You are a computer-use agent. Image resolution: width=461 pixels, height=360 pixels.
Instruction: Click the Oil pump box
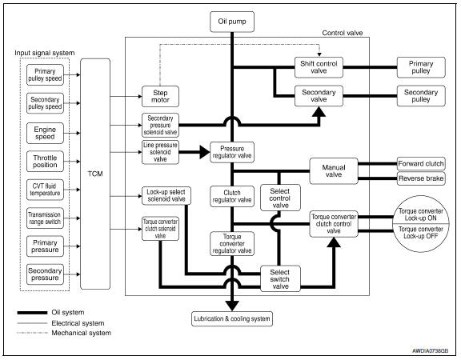pyautogui.click(x=232, y=22)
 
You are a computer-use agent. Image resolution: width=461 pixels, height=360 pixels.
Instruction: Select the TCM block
pyautogui.click(x=95, y=174)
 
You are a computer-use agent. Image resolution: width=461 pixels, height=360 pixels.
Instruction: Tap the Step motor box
pyautogui.click(x=160, y=96)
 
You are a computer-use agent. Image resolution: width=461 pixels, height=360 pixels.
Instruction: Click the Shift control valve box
pyautogui.click(x=319, y=67)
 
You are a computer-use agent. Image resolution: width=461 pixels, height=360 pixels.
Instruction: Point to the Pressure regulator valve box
pyautogui.click(x=232, y=152)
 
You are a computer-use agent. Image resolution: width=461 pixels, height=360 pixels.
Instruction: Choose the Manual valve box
pyautogui.click(x=334, y=171)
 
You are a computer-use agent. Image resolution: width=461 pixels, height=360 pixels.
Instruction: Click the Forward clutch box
pyautogui.click(x=421, y=164)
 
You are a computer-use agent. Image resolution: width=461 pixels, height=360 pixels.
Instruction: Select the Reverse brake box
pyautogui.click(x=421, y=178)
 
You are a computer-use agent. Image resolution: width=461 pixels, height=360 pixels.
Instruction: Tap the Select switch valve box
pyautogui.click(x=280, y=278)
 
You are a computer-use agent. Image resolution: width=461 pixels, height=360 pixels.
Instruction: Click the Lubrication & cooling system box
pyautogui.click(x=232, y=319)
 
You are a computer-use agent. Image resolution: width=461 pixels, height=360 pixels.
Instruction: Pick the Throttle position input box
pyautogui.click(x=45, y=162)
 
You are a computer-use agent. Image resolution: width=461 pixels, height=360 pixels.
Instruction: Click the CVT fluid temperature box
pyautogui.click(x=45, y=190)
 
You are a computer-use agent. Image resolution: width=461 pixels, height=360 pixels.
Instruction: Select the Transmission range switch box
pyautogui.click(x=45, y=218)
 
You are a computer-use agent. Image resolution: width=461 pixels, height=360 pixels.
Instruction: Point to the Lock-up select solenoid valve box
pyautogui.click(x=166, y=196)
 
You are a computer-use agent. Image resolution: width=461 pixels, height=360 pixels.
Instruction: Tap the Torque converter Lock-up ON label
pyautogui.click(x=421, y=214)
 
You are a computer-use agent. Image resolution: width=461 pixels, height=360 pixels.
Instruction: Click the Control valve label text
pyautogui.click(x=343, y=33)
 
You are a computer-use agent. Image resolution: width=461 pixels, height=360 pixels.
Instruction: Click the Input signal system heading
pyautogui.click(x=44, y=53)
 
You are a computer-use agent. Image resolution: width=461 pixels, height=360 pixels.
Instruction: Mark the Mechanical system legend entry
pyautogui.click(x=64, y=333)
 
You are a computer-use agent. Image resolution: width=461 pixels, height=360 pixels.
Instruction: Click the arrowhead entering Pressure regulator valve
pyautogui.click(x=205, y=152)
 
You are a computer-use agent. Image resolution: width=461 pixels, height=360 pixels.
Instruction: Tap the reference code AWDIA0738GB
pyautogui.click(x=430, y=351)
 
